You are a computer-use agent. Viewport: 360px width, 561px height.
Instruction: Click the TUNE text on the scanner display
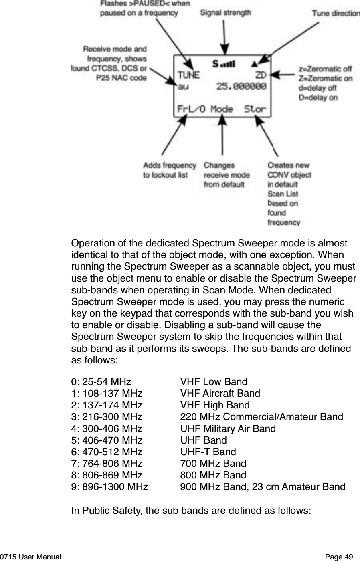[x=188, y=75]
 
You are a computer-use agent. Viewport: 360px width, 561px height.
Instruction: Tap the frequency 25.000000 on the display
[x=241, y=86]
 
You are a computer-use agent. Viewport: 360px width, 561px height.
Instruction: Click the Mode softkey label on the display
[x=222, y=109]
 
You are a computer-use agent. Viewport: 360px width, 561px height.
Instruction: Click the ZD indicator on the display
[x=261, y=75]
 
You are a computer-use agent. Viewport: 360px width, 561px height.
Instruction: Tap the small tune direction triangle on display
[x=254, y=64]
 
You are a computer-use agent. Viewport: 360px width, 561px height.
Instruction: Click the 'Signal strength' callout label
[x=225, y=12]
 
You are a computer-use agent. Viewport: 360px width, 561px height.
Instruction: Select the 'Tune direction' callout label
[x=336, y=13]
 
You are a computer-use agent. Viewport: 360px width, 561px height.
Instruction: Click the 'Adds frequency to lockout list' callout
[x=170, y=170]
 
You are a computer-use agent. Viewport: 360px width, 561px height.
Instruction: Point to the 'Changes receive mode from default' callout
[x=227, y=175]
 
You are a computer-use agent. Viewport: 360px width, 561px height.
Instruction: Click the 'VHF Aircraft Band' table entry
[x=220, y=394]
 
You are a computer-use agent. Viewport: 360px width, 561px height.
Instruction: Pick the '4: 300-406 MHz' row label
[x=107, y=428]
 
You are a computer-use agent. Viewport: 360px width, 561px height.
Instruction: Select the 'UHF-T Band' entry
[x=208, y=452]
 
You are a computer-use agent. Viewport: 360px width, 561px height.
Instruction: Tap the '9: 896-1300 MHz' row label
[x=109, y=487]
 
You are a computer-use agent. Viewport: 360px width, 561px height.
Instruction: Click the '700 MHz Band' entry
[x=213, y=464]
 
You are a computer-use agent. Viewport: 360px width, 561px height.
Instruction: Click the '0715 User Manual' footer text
[x=30, y=557]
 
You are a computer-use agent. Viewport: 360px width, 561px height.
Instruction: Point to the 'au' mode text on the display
[x=183, y=86]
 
